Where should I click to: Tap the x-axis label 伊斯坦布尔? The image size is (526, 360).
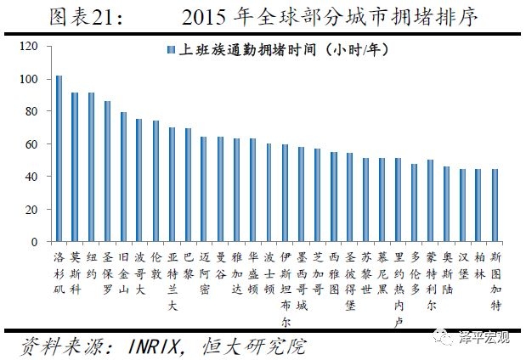point(286,288)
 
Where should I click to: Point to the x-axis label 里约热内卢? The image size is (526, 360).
point(399,288)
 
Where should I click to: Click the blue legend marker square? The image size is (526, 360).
point(172,50)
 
